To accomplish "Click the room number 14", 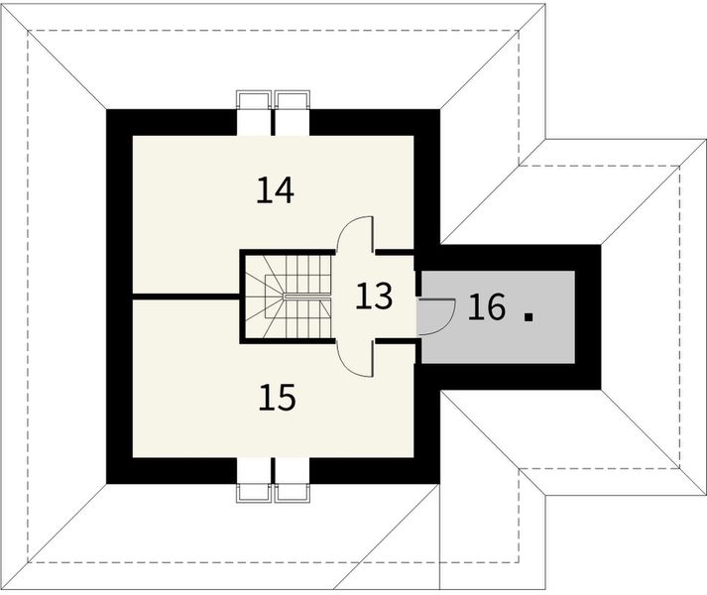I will point(275,189).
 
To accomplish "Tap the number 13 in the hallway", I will point(374,296).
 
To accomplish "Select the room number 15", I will point(277,398).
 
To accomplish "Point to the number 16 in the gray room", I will point(486,307).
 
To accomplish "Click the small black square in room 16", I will point(530,317).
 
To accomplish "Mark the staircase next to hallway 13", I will point(288,296).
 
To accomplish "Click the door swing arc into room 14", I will point(354,234).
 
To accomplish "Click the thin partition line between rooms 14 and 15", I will point(186,296).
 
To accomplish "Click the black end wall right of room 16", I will point(590,315).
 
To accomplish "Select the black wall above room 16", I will point(511,256).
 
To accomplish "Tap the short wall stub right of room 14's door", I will point(394,253).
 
